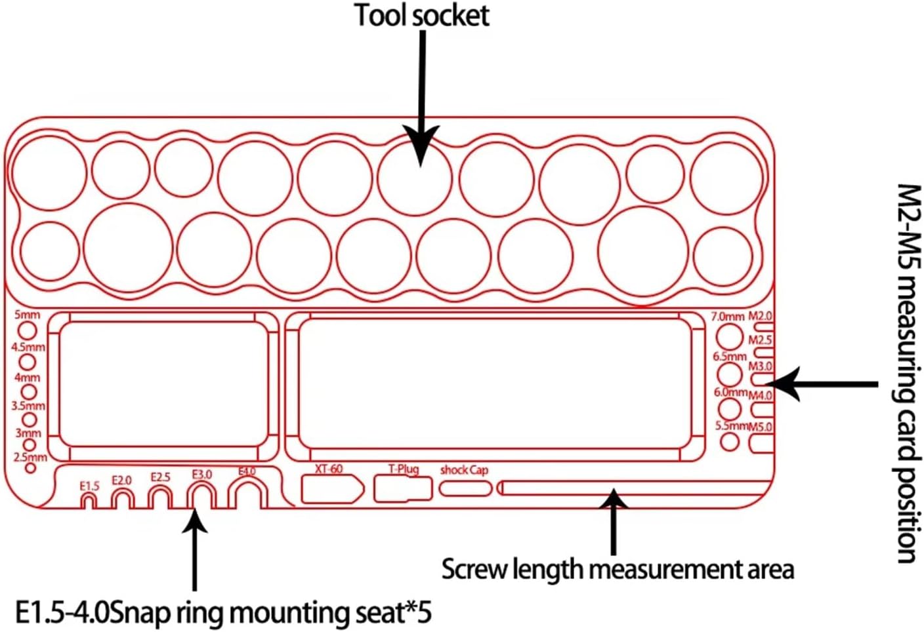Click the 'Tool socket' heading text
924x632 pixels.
click(422, 16)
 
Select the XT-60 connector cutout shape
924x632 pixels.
click(331, 489)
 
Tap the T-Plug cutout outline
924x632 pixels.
click(403, 489)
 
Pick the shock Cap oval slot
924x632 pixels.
click(465, 488)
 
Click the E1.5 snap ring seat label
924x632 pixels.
click(89, 486)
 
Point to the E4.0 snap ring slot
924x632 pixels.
click(248, 493)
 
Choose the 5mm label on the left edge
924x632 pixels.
click(27, 315)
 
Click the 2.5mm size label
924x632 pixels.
click(30, 457)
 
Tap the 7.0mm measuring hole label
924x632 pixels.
click(728, 317)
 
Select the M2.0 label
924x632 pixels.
click(761, 316)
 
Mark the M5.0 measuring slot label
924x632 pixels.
click(761, 427)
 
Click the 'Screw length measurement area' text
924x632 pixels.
click(617, 569)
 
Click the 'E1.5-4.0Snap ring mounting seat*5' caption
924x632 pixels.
click(223, 613)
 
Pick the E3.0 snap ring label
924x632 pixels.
click(202, 474)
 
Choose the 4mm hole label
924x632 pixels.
click(27, 378)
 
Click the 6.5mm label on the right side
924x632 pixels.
click(730, 357)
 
